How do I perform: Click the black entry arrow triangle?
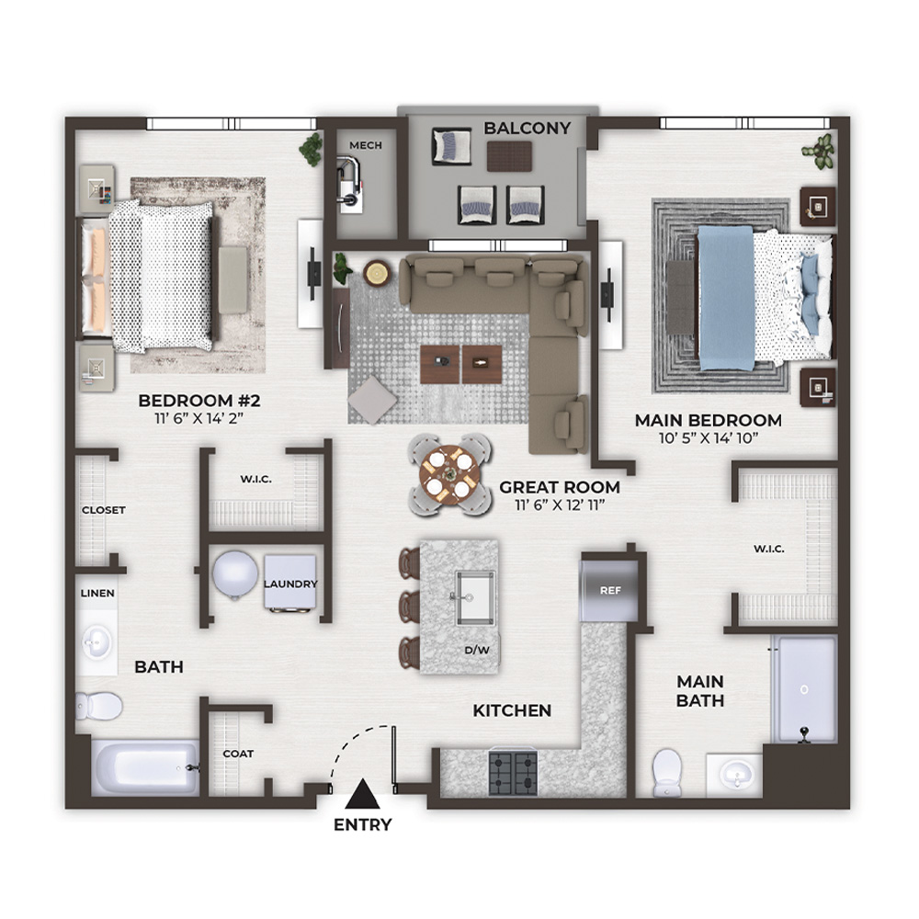363,794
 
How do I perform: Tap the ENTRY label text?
363,824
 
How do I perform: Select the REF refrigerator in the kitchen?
609,590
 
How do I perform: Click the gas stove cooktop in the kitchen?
513,773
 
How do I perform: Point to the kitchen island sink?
475,598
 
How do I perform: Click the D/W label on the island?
477,650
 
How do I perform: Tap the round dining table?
449,475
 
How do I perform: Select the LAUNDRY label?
290,584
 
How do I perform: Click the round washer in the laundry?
235,575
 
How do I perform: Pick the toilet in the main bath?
667,772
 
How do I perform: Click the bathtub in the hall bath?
145,767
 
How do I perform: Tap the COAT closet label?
238,754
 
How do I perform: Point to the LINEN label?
97,593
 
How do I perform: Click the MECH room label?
366,145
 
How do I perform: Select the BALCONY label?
527,129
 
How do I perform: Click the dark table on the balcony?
509,156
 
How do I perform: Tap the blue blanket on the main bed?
726,298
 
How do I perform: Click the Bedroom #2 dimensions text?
199,418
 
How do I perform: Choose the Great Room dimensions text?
560,505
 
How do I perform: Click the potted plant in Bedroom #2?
311,149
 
